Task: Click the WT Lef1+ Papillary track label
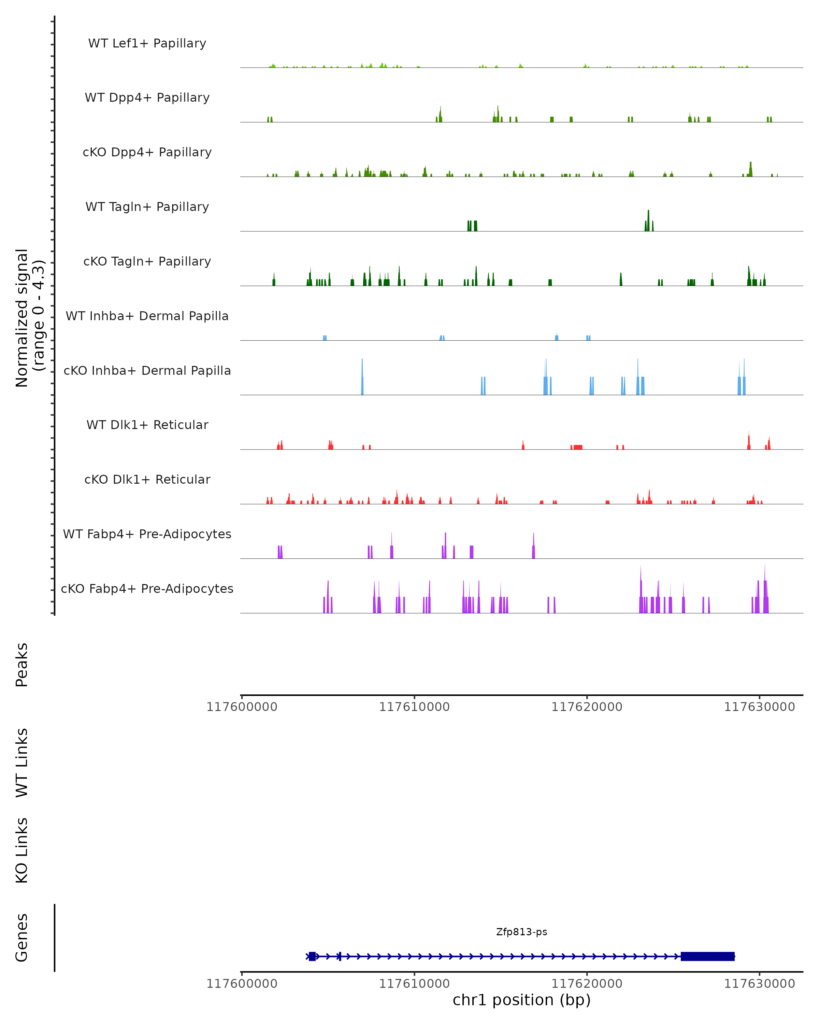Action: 147,43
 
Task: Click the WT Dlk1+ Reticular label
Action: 147,425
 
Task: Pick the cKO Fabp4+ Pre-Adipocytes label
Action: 147,588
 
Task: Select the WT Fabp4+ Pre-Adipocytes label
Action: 147,534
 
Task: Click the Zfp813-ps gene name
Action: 521,932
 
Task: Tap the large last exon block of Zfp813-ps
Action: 707,956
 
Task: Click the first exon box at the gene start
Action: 312,956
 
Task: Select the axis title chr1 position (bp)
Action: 521,1000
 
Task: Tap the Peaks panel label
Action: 22,665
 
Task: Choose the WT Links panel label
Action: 22,762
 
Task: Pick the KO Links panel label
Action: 22,850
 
